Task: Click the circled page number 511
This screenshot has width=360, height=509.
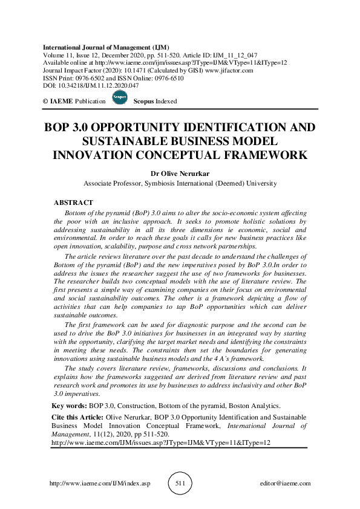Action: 180,484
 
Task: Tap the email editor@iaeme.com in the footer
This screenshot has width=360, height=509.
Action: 284,484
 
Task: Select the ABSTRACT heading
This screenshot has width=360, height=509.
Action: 74,203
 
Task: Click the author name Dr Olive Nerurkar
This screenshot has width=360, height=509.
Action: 180,174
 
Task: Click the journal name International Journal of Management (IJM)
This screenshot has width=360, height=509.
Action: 106,47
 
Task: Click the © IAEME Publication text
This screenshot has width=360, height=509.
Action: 74,102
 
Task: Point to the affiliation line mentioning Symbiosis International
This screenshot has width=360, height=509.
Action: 180,183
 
